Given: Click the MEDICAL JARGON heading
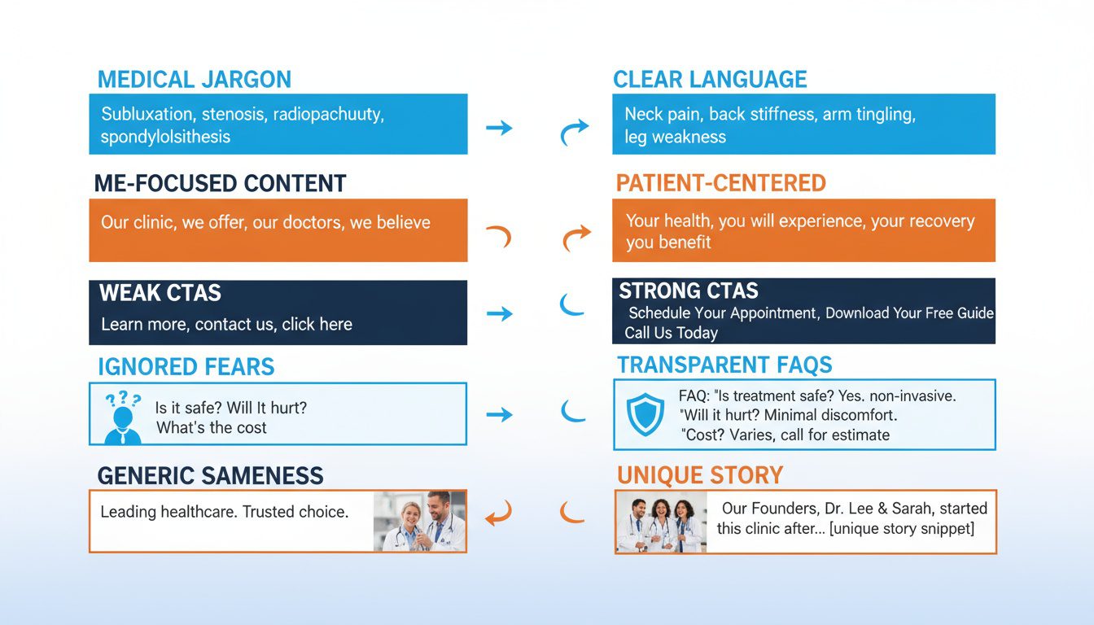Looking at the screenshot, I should (x=194, y=80).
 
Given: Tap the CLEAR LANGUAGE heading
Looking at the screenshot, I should (x=710, y=80).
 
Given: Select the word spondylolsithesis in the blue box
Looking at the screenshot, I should (x=165, y=137).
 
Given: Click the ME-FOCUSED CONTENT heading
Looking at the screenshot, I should (x=220, y=183).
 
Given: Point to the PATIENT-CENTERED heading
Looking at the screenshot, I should (x=720, y=183).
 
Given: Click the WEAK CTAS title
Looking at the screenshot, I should (x=160, y=293).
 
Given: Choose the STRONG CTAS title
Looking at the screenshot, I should (x=689, y=291).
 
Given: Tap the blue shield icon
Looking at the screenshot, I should (x=645, y=414).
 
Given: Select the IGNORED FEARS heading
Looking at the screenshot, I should (x=186, y=367).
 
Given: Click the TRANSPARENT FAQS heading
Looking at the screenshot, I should (x=724, y=365).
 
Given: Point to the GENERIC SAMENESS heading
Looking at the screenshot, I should (x=210, y=476).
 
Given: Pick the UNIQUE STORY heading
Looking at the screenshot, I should (x=700, y=475).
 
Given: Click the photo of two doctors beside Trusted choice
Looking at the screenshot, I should (x=419, y=521).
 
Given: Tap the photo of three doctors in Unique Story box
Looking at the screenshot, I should (x=661, y=522).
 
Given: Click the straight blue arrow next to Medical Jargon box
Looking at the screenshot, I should (x=499, y=127).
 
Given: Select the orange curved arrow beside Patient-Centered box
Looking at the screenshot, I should (x=576, y=238).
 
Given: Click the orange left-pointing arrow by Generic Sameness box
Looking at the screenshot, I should (x=498, y=514).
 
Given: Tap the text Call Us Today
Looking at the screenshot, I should (x=671, y=333).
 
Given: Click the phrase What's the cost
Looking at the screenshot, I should (x=211, y=427).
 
